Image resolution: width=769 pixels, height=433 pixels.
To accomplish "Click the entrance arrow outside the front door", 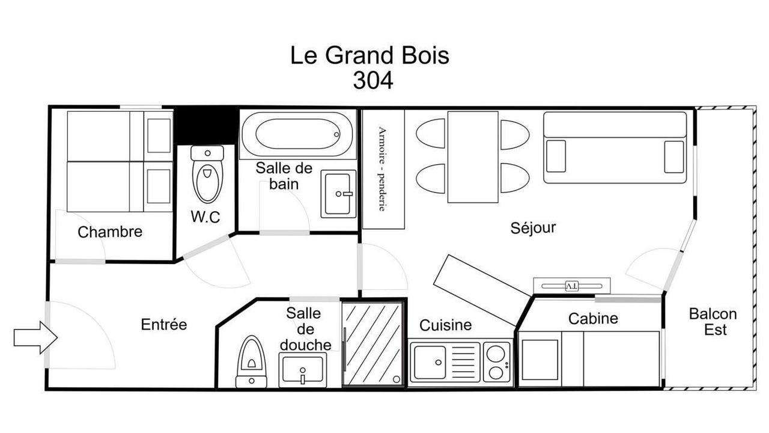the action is pyautogui.click(x=35, y=337).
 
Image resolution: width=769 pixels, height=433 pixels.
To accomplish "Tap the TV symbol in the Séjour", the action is pyautogui.click(x=571, y=286).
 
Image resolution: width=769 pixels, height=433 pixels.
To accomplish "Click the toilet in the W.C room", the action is pyautogui.click(x=207, y=174).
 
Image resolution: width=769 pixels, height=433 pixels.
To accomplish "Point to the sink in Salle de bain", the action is pyautogui.click(x=338, y=194).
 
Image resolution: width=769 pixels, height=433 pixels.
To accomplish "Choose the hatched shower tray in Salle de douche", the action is pyautogui.click(x=372, y=343).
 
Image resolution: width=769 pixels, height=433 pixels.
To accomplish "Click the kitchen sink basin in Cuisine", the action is pyautogui.click(x=430, y=362).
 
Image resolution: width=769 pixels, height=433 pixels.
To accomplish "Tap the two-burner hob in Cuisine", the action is pyautogui.click(x=496, y=362).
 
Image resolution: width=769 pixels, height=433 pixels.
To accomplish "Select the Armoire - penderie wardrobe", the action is pyautogui.click(x=383, y=169).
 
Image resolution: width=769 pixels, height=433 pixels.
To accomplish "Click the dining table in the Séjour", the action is pyautogui.click(x=473, y=157).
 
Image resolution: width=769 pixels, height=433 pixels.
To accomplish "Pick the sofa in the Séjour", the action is pyautogui.click(x=615, y=147).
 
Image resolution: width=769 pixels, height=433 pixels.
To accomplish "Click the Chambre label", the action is pyautogui.click(x=110, y=232).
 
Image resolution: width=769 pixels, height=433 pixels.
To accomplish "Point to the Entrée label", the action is pyautogui.click(x=164, y=324).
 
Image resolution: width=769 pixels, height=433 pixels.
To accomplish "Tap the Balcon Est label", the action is pyautogui.click(x=713, y=322).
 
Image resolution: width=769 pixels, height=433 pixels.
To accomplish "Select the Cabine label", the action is pyautogui.click(x=593, y=319).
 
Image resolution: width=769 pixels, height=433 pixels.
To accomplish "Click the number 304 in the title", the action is pyautogui.click(x=373, y=81).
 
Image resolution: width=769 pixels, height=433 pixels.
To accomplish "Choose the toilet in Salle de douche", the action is pyautogui.click(x=251, y=362).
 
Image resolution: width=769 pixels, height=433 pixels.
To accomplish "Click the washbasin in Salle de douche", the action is pyautogui.click(x=302, y=370).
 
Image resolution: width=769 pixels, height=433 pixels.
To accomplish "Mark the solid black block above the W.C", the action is pyautogui.click(x=205, y=126).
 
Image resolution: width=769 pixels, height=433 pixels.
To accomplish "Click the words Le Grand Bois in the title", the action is pyautogui.click(x=369, y=55).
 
